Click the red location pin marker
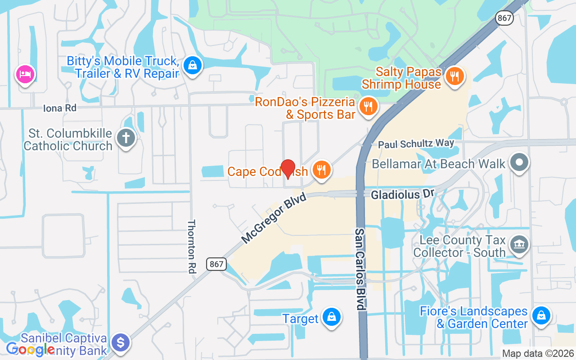click(288, 168)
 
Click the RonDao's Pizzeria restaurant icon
click(369, 106)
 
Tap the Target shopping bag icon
click(332, 317)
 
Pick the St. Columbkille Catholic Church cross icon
click(126, 138)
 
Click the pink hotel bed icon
click(25, 74)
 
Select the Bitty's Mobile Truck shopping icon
click(193, 66)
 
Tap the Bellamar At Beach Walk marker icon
click(519, 162)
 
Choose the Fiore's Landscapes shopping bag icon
click(542, 315)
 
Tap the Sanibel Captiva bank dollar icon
click(120, 343)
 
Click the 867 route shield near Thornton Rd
click(216, 264)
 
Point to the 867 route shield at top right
click(504, 18)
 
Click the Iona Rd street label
click(60, 108)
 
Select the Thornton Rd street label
click(192, 246)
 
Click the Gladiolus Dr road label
click(402, 194)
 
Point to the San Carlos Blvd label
click(360, 269)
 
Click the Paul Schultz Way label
click(416, 144)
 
